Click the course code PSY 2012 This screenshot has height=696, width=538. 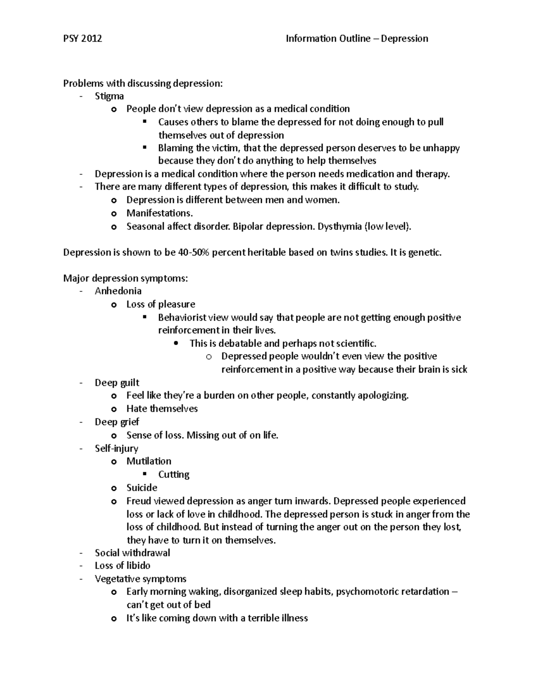point(82,39)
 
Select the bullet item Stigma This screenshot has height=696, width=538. point(109,96)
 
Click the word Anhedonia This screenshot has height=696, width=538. point(118,291)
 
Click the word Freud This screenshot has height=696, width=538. point(139,501)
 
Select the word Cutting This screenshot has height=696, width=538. point(174,474)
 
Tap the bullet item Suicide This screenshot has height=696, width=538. point(142,488)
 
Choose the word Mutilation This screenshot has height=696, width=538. point(149,461)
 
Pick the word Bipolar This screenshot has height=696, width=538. point(248,226)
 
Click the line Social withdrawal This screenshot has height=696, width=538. point(132,553)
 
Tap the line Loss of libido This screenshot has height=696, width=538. point(122,566)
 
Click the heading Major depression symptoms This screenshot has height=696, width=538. point(126,278)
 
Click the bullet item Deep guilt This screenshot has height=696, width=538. point(117,383)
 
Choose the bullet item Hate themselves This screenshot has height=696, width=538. point(162,409)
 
